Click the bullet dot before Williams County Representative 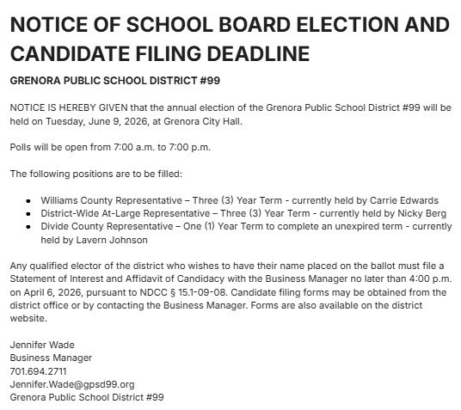pyautogui.click(x=30, y=200)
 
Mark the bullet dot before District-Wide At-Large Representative pyautogui.click(x=30, y=213)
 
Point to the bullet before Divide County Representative pyautogui.click(x=30, y=227)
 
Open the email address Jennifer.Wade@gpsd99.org pyautogui.click(x=72, y=384)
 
